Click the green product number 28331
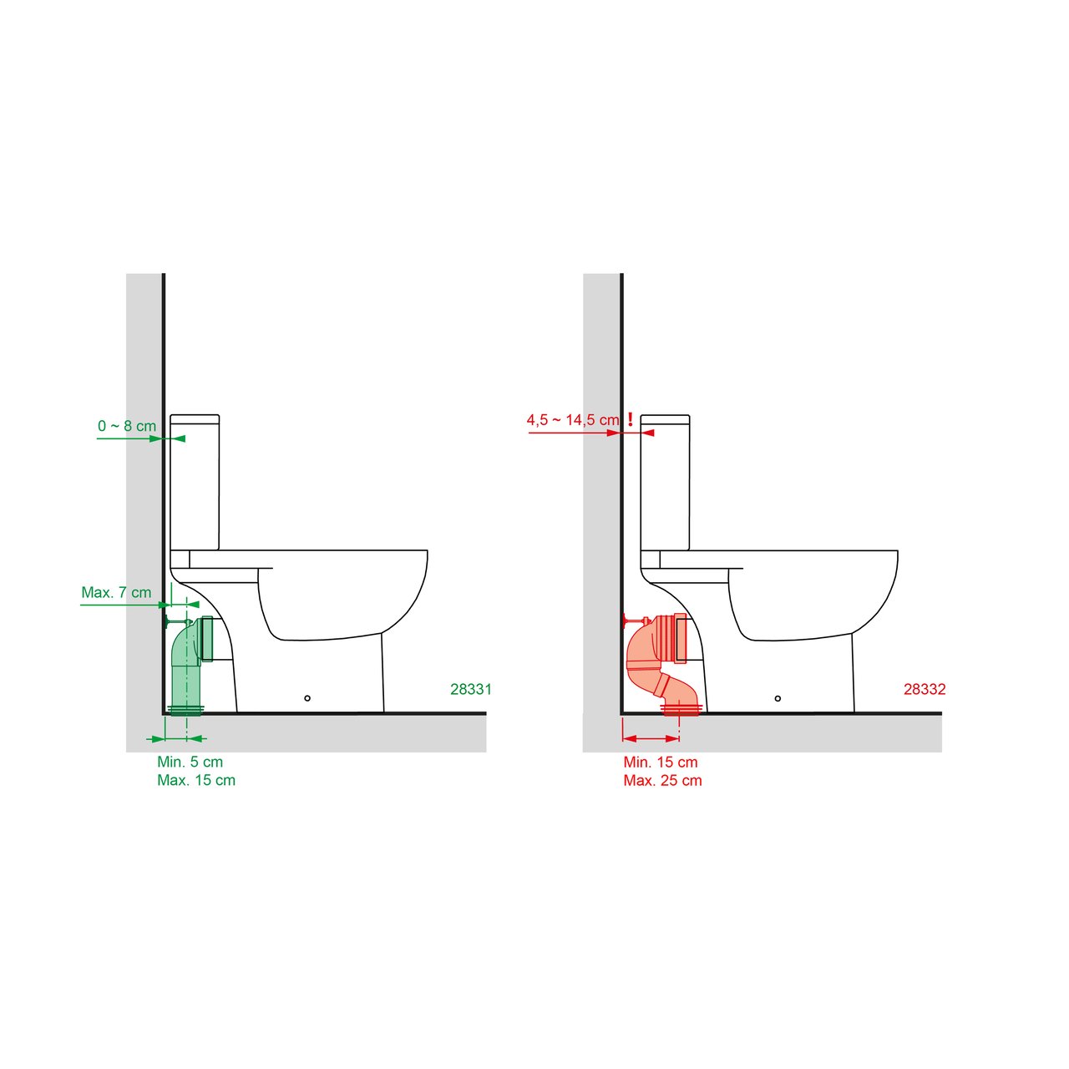(x=470, y=689)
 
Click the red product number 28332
(x=925, y=689)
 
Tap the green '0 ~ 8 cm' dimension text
(x=127, y=426)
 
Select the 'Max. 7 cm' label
(x=116, y=592)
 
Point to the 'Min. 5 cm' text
(x=190, y=762)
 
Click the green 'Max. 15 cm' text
(x=196, y=780)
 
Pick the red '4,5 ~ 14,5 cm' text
(x=573, y=420)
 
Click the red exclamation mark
(x=631, y=419)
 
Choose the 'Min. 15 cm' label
(x=660, y=762)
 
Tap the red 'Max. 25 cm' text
(x=662, y=780)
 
